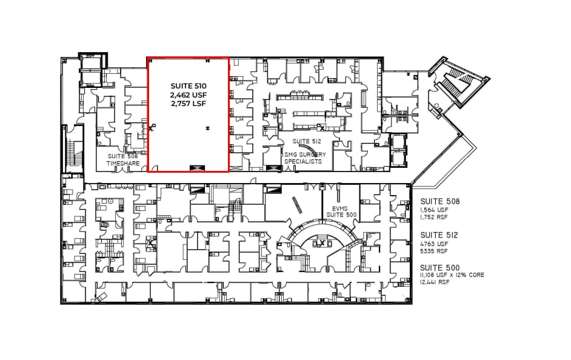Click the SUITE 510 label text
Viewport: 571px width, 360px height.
click(x=188, y=86)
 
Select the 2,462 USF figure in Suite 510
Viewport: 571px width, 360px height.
click(x=188, y=95)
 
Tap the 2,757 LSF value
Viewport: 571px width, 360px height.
click(x=188, y=104)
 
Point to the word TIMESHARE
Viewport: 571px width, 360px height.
click(x=124, y=164)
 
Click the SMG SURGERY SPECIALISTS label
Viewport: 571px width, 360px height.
click(x=305, y=158)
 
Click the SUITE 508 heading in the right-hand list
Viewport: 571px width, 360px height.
click(x=439, y=201)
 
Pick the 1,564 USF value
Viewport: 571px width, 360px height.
click(x=434, y=210)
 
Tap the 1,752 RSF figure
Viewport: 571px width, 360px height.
click(x=434, y=216)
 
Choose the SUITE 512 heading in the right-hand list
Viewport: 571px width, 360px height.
click(x=439, y=235)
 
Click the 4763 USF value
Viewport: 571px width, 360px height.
click(x=433, y=244)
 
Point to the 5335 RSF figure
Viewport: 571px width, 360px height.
click(x=433, y=250)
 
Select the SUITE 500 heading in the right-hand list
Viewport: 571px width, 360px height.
click(x=439, y=268)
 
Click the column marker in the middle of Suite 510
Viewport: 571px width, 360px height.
click(x=208, y=128)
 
